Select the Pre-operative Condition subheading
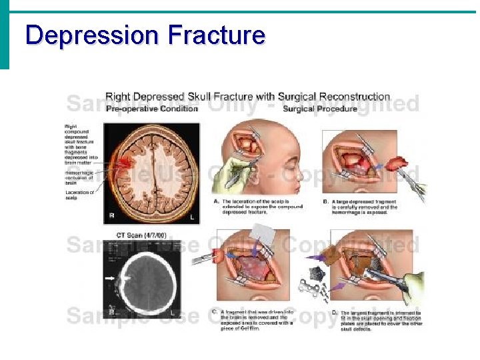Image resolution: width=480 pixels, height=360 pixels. [x=152, y=109]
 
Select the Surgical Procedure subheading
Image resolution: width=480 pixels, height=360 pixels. [x=320, y=109]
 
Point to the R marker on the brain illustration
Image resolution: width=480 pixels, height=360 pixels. [x=113, y=216]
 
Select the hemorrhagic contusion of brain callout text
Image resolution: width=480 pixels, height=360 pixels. [x=80, y=177]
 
